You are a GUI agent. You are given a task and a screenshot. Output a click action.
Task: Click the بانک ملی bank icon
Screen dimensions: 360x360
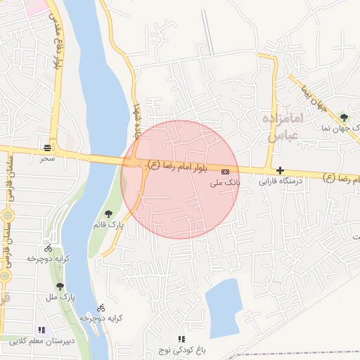(x=225, y=171)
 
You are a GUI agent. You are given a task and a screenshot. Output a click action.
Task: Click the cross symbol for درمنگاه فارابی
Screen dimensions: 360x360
(x=281, y=170)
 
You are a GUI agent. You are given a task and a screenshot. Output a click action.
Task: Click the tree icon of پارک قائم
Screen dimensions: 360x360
(x=108, y=214)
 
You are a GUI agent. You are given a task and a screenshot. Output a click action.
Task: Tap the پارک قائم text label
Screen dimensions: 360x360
(x=108, y=224)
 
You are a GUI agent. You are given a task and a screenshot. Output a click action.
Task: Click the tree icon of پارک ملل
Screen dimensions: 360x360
(x=60, y=286)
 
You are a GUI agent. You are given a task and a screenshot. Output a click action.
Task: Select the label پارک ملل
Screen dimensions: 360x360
(x=61, y=297)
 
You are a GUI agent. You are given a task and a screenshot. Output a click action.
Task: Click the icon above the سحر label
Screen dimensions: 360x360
(x=47, y=148)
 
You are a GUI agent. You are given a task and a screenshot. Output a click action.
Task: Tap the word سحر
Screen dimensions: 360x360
(x=47, y=157)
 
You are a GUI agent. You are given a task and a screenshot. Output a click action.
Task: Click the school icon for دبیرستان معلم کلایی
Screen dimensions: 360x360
(x=41, y=330)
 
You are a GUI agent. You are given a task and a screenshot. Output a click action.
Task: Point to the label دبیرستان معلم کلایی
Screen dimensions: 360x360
(x=41, y=341)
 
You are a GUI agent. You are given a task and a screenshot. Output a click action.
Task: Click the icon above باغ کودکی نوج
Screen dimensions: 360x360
(x=182, y=339)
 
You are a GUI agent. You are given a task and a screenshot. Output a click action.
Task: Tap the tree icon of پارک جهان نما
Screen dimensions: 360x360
(x=344, y=117)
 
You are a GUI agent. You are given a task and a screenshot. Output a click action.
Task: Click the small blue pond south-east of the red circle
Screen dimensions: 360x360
(x=224, y=307)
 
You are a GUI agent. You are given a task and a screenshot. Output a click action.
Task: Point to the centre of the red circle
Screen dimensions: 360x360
(x=181, y=179)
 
